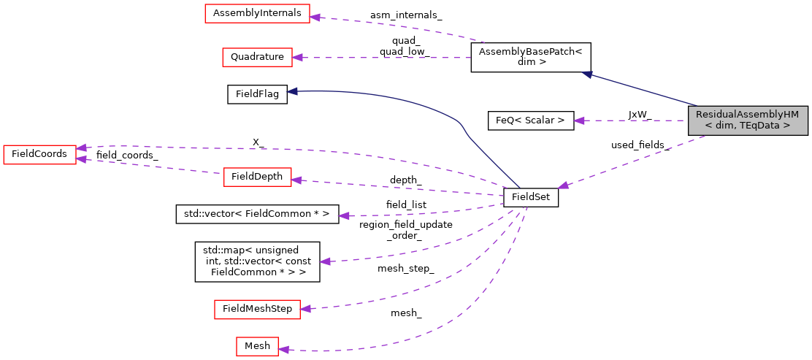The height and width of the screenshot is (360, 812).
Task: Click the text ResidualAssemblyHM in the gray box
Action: coord(747,115)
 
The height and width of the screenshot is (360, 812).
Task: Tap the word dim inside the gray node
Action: coord(719,126)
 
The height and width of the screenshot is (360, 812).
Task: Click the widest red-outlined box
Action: coord(257,13)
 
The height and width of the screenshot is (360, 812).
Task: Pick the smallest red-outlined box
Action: coord(257,346)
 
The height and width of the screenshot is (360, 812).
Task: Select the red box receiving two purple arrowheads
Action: coord(39,154)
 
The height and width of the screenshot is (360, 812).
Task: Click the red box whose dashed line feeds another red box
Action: coord(257,177)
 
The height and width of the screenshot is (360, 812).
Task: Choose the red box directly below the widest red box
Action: coord(257,57)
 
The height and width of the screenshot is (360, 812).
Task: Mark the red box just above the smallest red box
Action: coord(257,310)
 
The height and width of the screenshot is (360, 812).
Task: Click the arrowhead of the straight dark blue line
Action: coord(586,74)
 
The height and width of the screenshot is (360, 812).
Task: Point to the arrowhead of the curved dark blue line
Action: coord(291,91)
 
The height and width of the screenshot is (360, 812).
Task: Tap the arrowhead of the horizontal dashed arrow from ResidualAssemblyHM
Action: coord(578,120)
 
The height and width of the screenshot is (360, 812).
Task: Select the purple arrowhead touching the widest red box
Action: coord(315,16)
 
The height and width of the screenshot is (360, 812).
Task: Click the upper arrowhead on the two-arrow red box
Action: coord(81,148)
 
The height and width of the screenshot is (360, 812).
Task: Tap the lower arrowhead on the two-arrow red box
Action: coord(81,158)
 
